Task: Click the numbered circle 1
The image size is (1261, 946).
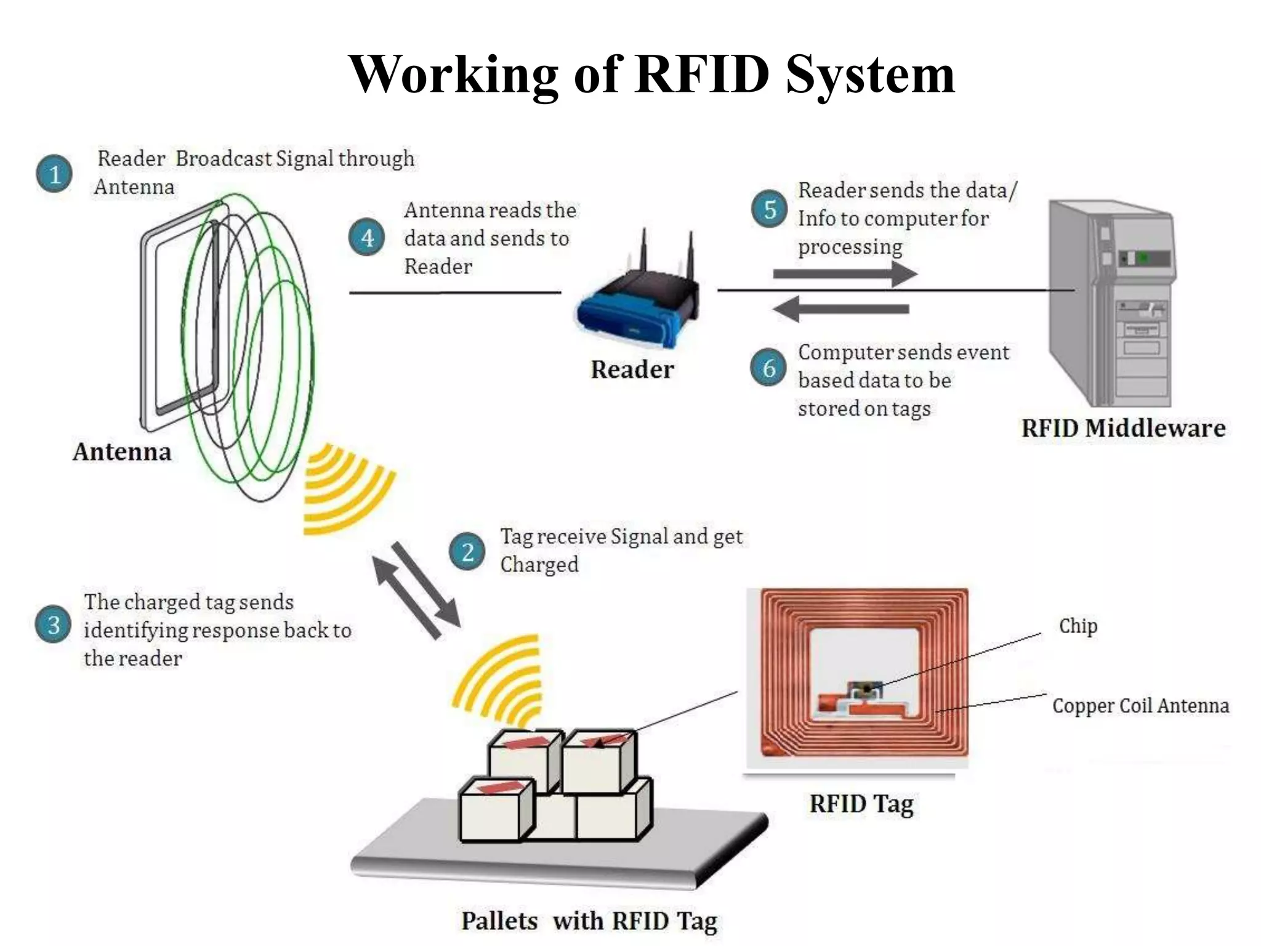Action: pyautogui.click(x=54, y=174)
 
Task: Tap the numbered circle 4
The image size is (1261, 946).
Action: pyautogui.click(x=367, y=237)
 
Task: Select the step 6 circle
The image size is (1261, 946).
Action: pyautogui.click(x=768, y=368)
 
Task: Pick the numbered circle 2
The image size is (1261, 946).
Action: pyautogui.click(x=467, y=551)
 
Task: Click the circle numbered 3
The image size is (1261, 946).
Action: pyautogui.click(x=54, y=625)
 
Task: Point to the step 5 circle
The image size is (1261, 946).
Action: pyautogui.click(x=769, y=209)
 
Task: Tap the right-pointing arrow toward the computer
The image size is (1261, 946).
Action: pyautogui.click(x=844, y=274)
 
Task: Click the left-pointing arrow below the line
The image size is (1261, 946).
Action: pyautogui.click(x=841, y=309)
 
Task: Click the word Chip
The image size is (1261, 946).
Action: pyautogui.click(x=1078, y=626)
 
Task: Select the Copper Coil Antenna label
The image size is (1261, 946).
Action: pyautogui.click(x=1140, y=705)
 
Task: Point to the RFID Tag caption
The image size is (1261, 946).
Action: pyautogui.click(x=861, y=804)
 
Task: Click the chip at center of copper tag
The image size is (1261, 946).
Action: pyautogui.click(x=865, y=689)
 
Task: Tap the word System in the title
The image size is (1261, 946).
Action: pyautogui.click(x=869, y=75)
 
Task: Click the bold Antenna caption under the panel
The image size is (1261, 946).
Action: pyautogui.click(x=122, y=451)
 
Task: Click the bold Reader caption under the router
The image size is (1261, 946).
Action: pyautogui.click(x=632, y=370)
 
